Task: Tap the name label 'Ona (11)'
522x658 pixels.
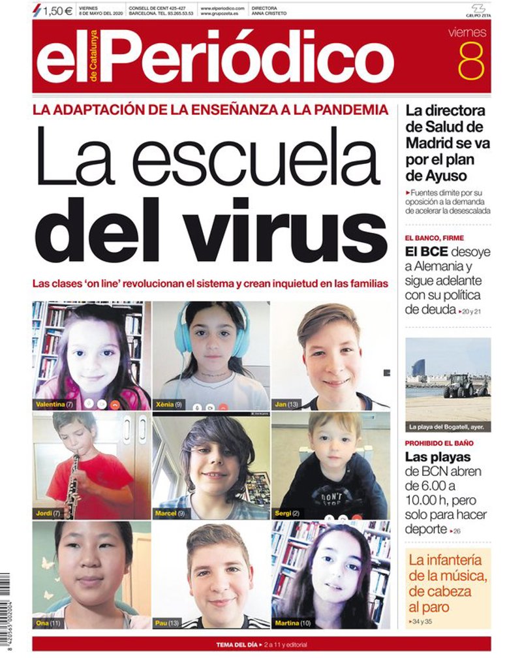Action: coord(50,623)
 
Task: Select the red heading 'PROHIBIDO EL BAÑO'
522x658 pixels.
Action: coord(439,443)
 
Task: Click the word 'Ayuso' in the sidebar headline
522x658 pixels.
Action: coord(445,176)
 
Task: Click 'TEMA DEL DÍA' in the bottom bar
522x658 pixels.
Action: coord(235,645)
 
